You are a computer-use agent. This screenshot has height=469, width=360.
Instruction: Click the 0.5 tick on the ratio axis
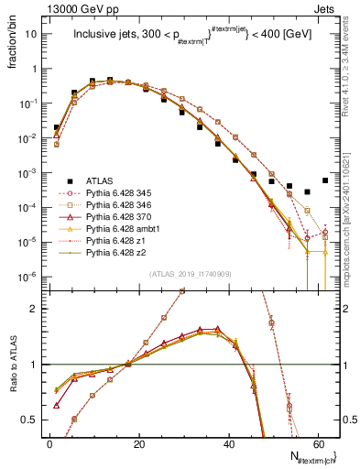point(35,420)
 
